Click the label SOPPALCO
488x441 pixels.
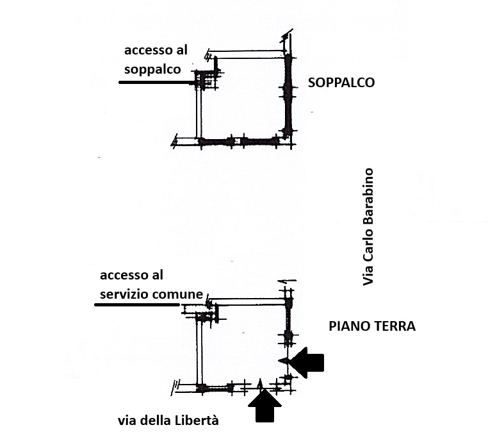(341, 83)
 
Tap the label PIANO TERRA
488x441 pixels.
(372, 326)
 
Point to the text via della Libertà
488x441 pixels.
(168, 420)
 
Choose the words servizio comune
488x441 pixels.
(151, 294)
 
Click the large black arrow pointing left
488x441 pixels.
(303, 362)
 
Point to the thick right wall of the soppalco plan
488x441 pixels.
(289, 96)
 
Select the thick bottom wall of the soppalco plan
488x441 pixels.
(240, 141)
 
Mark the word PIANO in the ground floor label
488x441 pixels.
(348, 326)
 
